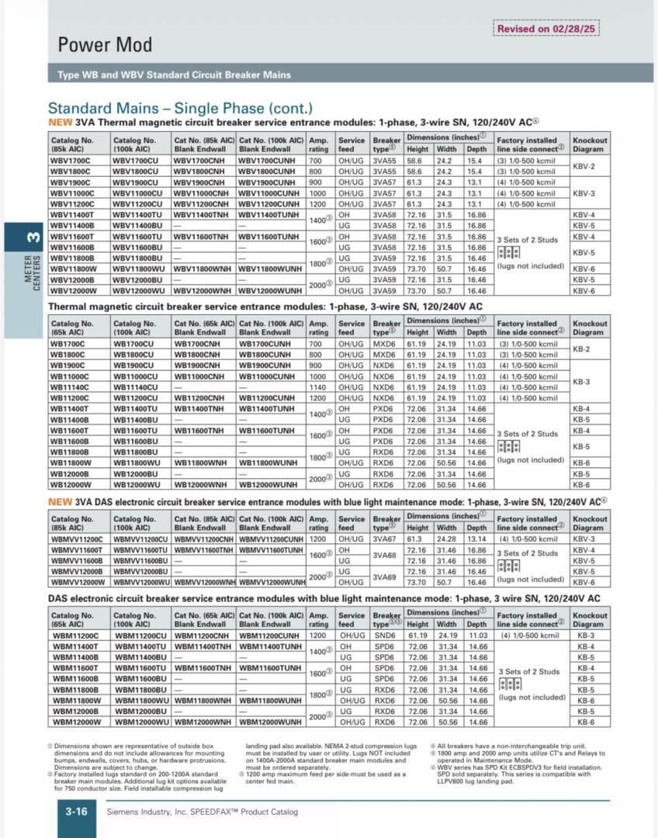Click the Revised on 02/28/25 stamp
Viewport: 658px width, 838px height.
(x=546, y=29)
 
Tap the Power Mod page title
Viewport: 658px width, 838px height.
(x=105, y=45)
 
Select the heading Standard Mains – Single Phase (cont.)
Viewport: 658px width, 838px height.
(x=180, y=109)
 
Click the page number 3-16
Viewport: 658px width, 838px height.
(x=75, y=811)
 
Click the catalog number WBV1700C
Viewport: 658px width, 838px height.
(x=71, y=160)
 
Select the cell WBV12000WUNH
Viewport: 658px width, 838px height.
(x=271, y=290)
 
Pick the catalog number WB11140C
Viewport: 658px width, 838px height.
(x=71, y=386)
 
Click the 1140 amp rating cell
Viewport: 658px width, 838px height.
(x=318, y=386)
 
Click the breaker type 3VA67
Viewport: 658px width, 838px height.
(x=383, y=539)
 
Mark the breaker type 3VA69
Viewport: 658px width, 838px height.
(x=383, y=577)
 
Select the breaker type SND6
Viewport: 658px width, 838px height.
(x=384, y=635)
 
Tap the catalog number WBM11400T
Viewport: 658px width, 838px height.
(x=75, y=646)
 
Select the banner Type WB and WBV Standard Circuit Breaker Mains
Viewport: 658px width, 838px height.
(x=175, y=75)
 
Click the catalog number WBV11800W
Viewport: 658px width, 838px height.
(x=72, y=268)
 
